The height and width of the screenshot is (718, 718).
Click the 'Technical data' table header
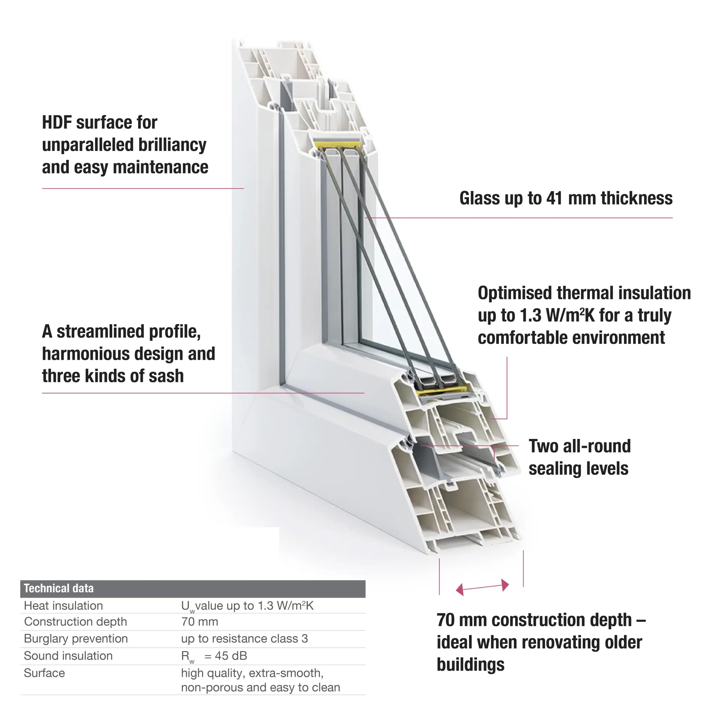pos(59,588)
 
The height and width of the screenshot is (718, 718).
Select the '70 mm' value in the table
pos(200,621)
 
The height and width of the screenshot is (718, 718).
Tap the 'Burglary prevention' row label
pos(76,638)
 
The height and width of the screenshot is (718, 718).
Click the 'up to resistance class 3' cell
pos(244,638)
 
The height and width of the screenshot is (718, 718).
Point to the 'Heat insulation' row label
pos(63,606)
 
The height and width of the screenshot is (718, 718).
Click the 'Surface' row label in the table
pos(44,673)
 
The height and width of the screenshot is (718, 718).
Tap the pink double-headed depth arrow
pos(482,587)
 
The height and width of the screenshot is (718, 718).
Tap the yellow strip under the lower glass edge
pos(442,390)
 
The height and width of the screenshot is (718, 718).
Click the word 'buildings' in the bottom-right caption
pos(471,664)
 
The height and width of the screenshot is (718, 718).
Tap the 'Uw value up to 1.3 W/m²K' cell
pos(247,606)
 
